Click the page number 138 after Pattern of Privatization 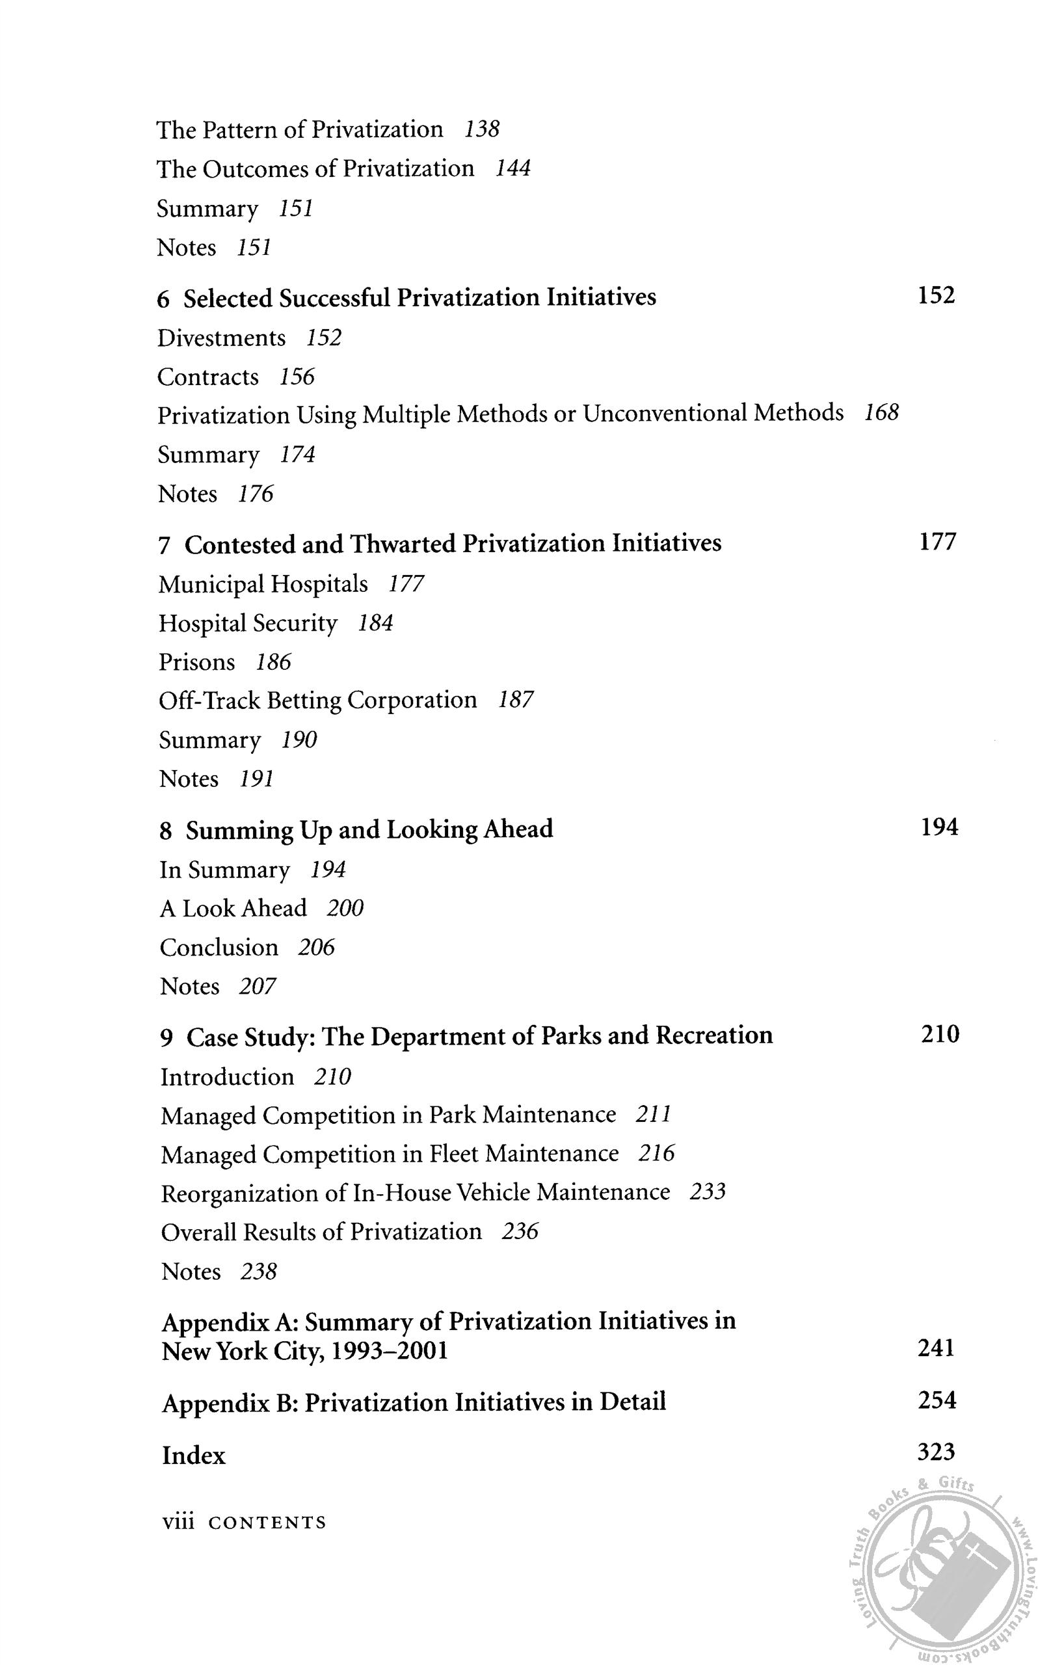(481, 129)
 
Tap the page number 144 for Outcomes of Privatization (512, 168)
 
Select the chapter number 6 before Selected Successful (163, 299)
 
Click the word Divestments (221, 338)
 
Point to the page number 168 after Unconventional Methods (881, 412)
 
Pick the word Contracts (208, 377)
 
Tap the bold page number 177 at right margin (937, 542)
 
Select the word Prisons (197, 661)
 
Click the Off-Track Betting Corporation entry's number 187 (516, 700)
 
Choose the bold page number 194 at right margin (938, 828)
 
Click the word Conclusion (219, 948)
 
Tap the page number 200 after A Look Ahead (345, 909)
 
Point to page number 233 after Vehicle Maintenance (707, 1192)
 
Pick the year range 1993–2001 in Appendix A (388, 1352)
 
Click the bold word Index (194, 1455)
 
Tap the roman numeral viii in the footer (177, 1523)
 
